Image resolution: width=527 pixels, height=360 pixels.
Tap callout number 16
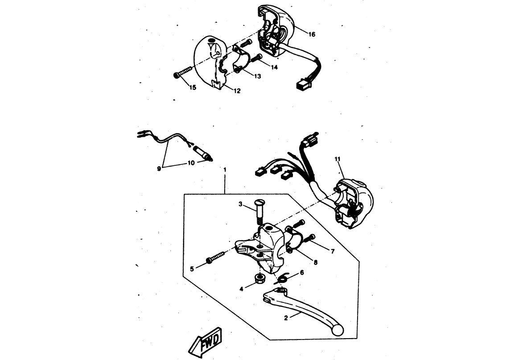[x=312, y=34]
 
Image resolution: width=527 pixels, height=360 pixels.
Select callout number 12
[x=237, y=91]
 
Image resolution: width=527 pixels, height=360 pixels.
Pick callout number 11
[x=337, y=159]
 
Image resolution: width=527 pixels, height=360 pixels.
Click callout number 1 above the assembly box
[x=225, y=170]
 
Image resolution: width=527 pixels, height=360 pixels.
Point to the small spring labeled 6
[x=281, y=279]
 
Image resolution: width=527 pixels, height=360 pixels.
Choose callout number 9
[x=159, y=169]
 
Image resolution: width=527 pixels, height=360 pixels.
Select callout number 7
[x=332, y=251]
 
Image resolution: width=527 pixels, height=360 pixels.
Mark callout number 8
[x=315, y=262]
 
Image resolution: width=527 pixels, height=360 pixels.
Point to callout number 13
[x=257, y=76]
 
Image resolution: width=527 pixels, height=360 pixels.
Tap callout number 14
[x=274, y=67]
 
